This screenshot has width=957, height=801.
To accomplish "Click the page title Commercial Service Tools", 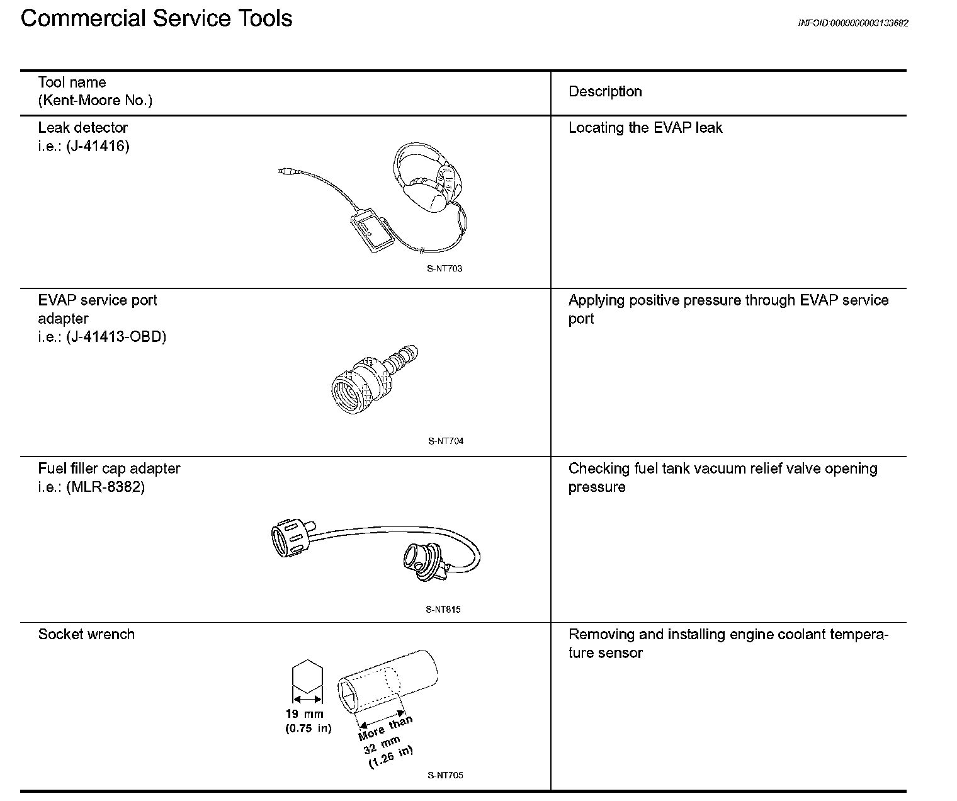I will tap(156, 18).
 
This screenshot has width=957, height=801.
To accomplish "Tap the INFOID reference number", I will tap(852, 23).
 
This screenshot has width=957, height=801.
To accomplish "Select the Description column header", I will tap(604, 92).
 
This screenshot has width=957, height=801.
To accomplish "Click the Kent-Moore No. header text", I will tap(95, 100).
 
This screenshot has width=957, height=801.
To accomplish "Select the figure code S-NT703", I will tap(445, 269).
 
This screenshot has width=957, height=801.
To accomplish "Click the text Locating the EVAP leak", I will tap(645, 128).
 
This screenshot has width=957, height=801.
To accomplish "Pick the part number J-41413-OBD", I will tap(116, 337).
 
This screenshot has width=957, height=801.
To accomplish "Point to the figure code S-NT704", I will tap(445, 441).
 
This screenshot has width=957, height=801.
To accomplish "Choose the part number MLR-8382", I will tap(105, 487).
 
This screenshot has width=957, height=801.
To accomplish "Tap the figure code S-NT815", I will tap(443, 610).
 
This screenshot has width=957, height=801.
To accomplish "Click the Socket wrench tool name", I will tap(86, 634).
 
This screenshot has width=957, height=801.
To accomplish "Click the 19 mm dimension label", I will tap(304, 714).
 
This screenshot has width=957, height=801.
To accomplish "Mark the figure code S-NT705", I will tap(445, 775).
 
